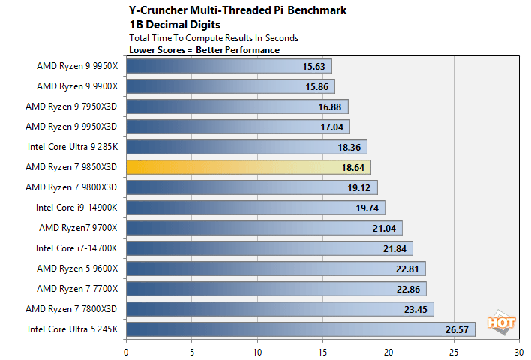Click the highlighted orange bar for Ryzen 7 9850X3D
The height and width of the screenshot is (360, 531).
tap(247, 166)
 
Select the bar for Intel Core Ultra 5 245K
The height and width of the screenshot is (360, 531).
tap(300, 328)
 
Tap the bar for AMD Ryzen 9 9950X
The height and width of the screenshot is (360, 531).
tap(229, 65)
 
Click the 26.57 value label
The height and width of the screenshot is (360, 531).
tap(456, 328)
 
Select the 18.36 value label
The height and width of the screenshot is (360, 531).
tap(349, 147)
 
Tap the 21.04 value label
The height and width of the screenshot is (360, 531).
tap(384, 228)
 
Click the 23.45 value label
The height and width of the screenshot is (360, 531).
tap(415, 308)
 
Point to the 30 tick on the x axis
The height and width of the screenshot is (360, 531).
tap(518, 349)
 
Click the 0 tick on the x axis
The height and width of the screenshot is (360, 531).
tap(126, 349)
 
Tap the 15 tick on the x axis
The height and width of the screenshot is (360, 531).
tap(322, 349)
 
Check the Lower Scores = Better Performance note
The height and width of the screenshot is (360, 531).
tap(204, 50)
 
